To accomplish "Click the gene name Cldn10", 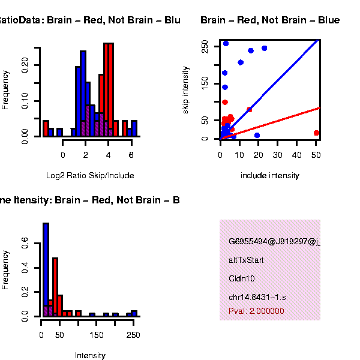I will pos(238,278).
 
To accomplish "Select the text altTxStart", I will pos(246,260).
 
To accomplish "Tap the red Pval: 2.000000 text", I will pos(256,311).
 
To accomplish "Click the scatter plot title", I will pos(270,20).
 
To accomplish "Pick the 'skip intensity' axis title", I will pos(187,90).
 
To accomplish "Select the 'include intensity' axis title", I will pos(269,175).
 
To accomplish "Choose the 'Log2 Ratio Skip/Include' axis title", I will pos(90,175).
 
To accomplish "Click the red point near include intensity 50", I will pos(316,133).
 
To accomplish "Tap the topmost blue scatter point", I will pos(226,43).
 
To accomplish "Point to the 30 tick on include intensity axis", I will pos(278,155).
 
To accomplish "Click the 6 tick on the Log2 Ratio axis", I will pos(131,155).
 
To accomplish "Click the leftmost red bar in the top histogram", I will pos(46,128).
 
